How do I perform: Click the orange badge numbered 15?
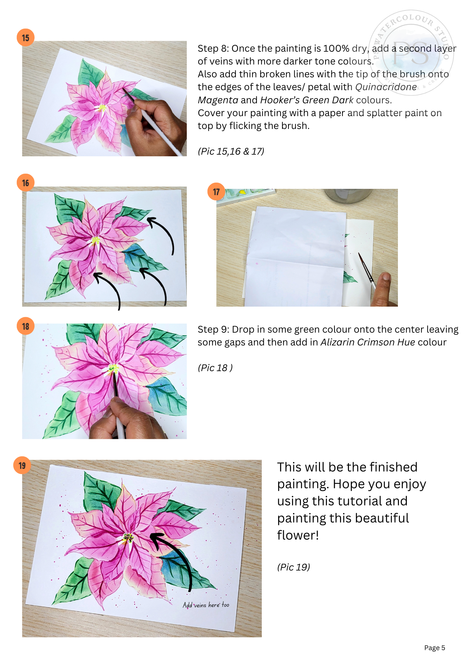pyautogui.click(x=26, y=38)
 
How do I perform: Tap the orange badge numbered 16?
pyautogui.click(x=26, y=183)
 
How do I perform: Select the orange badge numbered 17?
pyautogui.click(x=216, y=191)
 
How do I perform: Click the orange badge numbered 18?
pyautogui.click(x=26, y=326)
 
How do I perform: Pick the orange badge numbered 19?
pyautogui.click(x=22, y=465)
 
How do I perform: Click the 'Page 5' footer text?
pyautogui.click(x=434, y=647)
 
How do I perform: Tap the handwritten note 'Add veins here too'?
pyautogui.click(x=206, y=605)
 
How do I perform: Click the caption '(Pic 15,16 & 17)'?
pyautogui.click(x=231, y=151)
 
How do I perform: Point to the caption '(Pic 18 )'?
pyautogui.click(x=215, y=368)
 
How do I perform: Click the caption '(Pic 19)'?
pyautogui.click(x=293, y=567)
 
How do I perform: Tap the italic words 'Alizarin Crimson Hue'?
pyautogui.click(x=367, y=342)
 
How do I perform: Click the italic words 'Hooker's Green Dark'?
pyautogui.click(x=306, y=100)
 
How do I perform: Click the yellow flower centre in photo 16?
pyautogui.click(x=96, y=240)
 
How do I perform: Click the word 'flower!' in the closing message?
pyautogui.click(x=298, y=535)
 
